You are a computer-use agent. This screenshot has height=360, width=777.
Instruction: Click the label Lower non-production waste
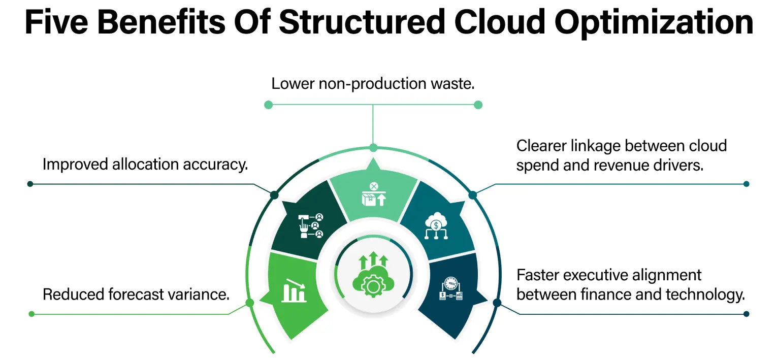coord(373,83)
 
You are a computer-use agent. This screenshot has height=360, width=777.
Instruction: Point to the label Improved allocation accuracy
coord(145,164)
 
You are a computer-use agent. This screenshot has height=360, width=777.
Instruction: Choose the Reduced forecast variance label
coord(136,294)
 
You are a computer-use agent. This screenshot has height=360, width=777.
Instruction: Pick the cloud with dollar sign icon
coord(436,227)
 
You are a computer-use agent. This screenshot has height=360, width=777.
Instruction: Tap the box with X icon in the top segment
coord(373,194)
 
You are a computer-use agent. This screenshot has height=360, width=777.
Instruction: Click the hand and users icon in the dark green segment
coord(311,226)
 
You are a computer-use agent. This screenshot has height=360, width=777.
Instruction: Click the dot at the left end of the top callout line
coord(269,105)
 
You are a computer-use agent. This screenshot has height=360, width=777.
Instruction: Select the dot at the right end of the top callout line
coord(478,105)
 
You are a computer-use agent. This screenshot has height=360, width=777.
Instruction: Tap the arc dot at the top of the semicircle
coord(373,148)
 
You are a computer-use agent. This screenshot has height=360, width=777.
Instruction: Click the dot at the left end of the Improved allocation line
coord(30,184)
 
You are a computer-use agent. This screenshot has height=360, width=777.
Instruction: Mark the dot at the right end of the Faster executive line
coord(746,314)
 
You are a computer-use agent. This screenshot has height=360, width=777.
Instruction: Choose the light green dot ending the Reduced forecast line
coord(31,314)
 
